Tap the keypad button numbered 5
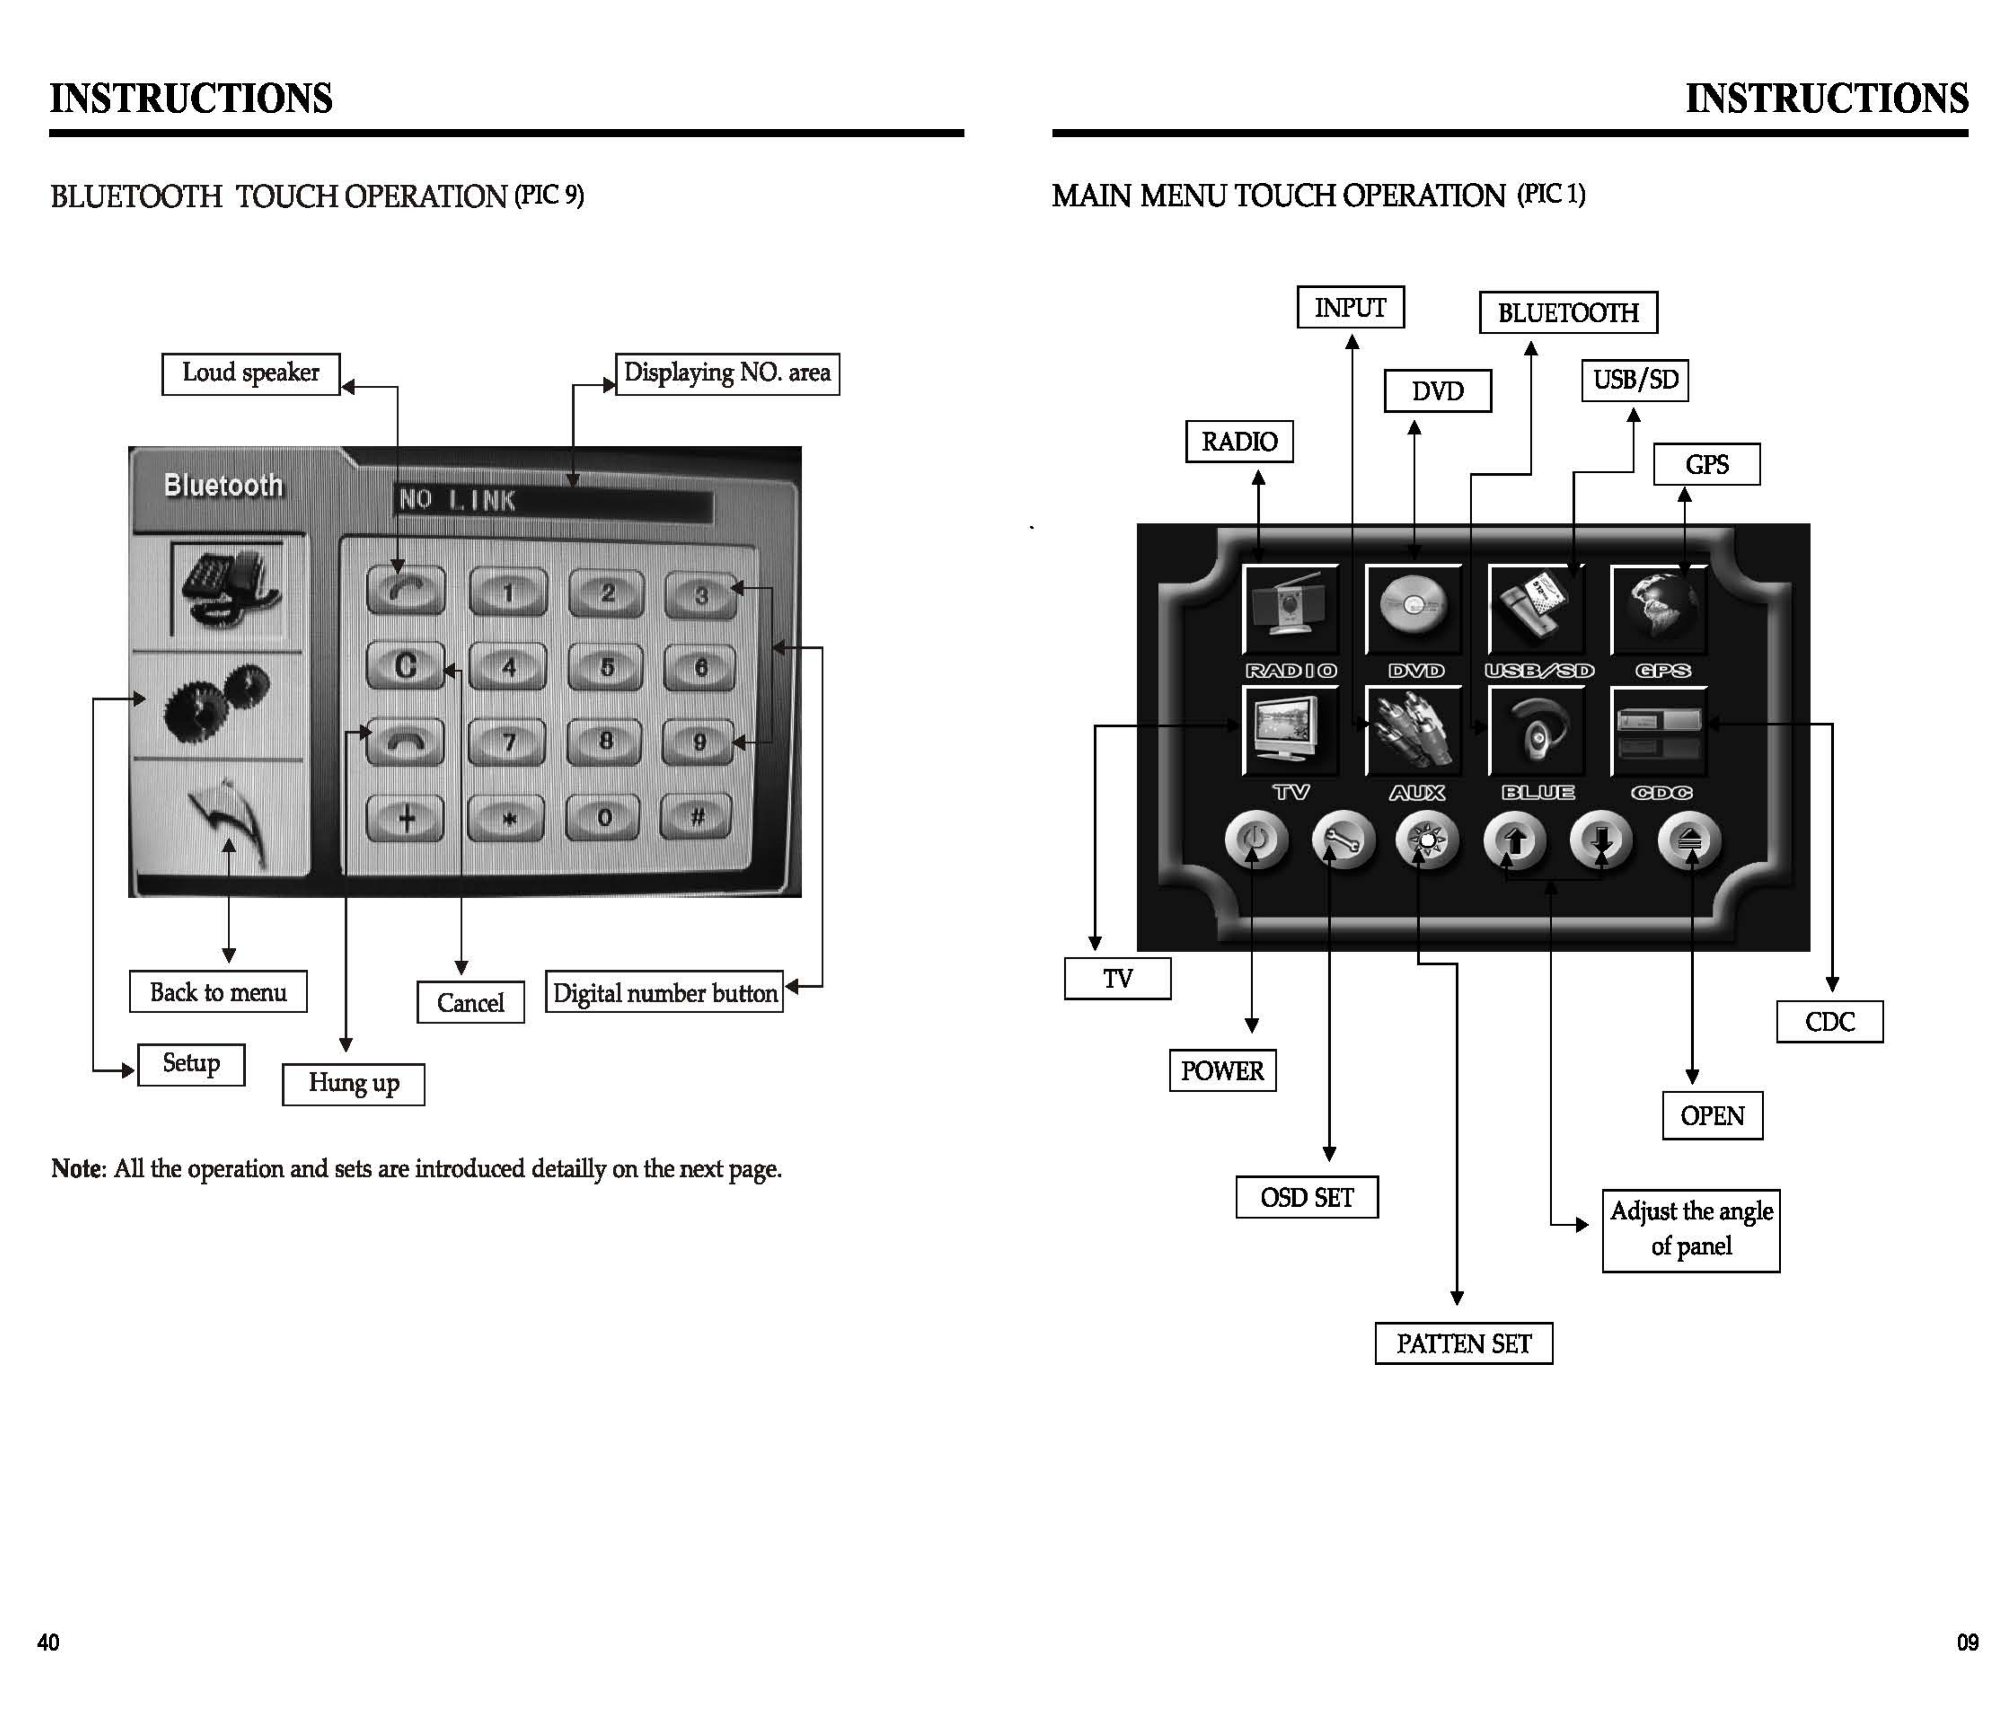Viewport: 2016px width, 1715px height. point(606,667)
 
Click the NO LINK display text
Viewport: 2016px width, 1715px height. point(457,501)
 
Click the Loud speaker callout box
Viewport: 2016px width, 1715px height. point(251,374)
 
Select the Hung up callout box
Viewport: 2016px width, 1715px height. point(353,1083)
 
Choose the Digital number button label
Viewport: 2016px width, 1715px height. point(664,993)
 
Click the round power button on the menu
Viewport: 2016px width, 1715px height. point(1255,840)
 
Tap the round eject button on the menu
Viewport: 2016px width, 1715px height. point(1689,840)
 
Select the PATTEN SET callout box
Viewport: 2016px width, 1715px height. point(1463,1344)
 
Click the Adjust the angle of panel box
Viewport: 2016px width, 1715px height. point(1690,1229)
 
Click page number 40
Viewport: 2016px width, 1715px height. point(48,1643)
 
